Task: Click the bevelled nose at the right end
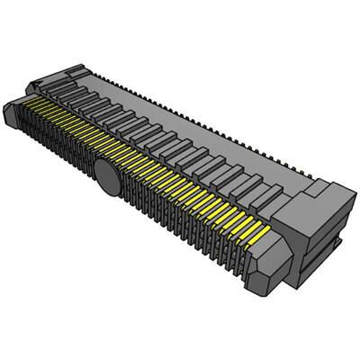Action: pyautogui.click(x=274, y=261)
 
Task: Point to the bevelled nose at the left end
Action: pyautogui.click(x=11, y=112)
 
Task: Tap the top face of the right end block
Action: pyautogui.click(x=310, y=193)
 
